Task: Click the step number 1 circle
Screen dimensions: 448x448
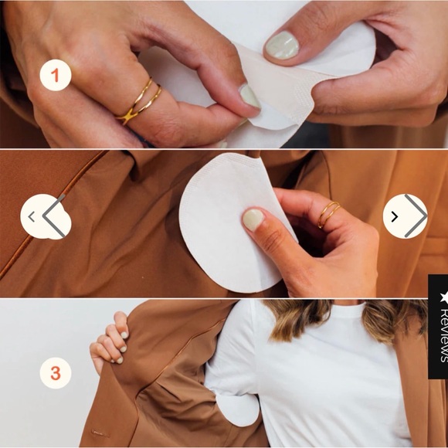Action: (x=55, y=75)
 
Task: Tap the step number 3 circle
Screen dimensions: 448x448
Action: (x=55, y=373)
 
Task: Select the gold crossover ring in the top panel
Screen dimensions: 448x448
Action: (x=138, y=101)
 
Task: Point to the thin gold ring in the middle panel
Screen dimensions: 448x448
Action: (x=328, y=214)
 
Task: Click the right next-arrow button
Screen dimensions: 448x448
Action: (x=406, y=216)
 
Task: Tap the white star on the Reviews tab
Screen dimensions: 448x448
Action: (x=443, y=297)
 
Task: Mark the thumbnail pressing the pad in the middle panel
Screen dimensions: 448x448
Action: (x=253, y=219)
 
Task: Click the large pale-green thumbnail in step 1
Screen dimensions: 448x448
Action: (x=282, y=45)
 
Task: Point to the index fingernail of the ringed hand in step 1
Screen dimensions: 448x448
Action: (x=249, y=97)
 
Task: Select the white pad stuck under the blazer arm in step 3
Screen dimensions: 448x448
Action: (x=237, y=409)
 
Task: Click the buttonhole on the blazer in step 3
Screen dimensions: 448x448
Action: (x=100, y=433)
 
